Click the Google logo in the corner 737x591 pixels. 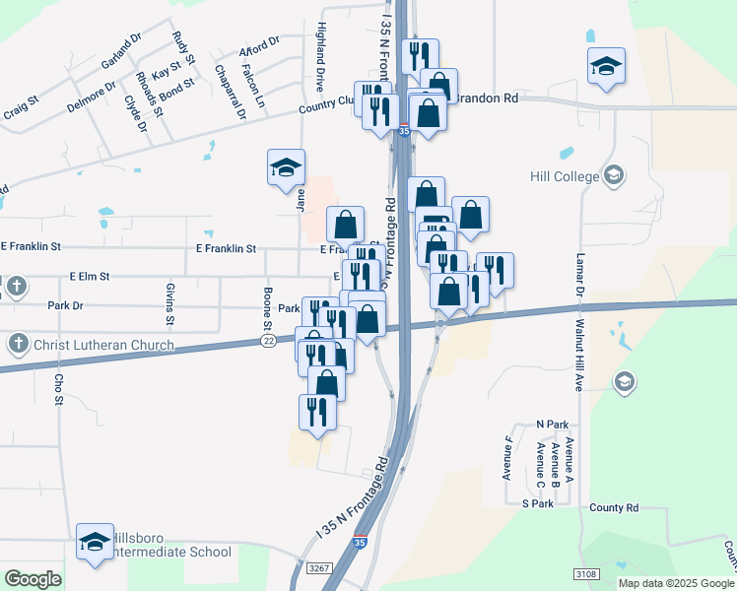[33, 579]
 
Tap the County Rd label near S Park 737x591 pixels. [614, 508]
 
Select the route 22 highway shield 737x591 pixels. [268, 341]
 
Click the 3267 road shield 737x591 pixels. [318, 568]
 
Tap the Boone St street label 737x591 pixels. [267, 308]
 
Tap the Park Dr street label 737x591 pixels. [66, 306]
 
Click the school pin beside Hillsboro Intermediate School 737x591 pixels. [95, 541]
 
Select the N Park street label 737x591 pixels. [553, 424]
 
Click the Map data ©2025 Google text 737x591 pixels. [676, 583]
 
